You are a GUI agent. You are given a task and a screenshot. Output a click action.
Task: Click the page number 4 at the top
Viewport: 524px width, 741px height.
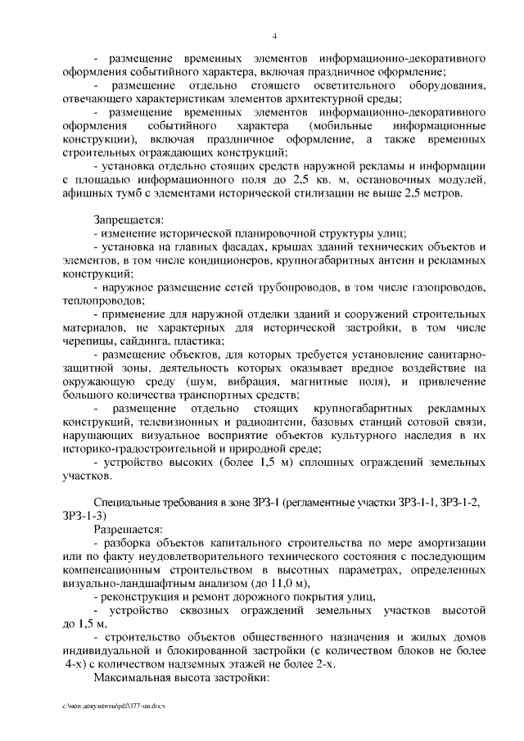pyautogui.click(x=275, y=35)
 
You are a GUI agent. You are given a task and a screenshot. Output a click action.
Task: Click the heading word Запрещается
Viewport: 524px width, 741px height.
pyautogui.click(x=129, y=219)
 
